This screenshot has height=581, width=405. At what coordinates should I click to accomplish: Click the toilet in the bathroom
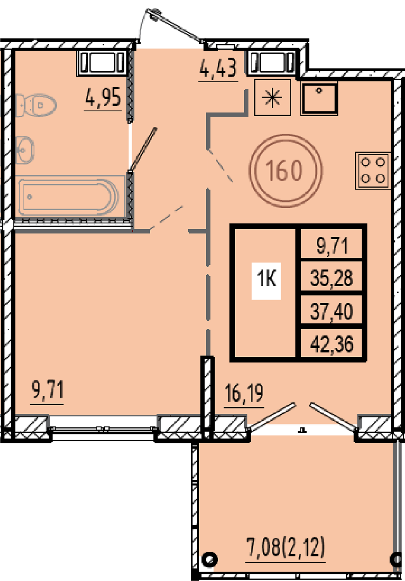click(x=36, y=105)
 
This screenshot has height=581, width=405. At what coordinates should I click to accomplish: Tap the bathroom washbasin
click(x=25, y=150)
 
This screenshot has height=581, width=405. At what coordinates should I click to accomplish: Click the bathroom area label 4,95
click(x=103, y=97)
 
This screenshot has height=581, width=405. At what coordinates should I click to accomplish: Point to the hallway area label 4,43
click(x=218, y=68)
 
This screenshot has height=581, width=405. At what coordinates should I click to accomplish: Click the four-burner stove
click(x=373, y=170)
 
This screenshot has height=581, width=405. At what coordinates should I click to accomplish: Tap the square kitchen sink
click(x=319, y=98)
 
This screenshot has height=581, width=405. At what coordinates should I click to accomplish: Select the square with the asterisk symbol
click(x=273, y=97)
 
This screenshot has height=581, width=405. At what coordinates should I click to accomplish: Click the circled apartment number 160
click(x=286, y=171)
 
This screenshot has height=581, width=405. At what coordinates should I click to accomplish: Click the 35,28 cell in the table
click(x=331, y=278)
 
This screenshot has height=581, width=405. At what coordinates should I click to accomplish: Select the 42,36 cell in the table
click(x=331, y=344)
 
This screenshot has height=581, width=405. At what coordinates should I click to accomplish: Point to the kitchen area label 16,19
click(x=244, y=393)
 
